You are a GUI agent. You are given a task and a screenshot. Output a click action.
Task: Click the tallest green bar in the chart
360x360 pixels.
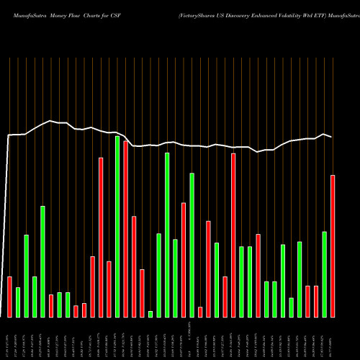(x=117, y=226)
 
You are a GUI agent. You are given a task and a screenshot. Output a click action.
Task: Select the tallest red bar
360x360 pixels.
(x=126, y=229)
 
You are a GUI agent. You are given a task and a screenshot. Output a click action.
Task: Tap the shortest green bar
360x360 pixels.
(x=150, y=313)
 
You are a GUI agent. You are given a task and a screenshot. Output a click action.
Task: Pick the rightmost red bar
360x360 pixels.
(x=333, y=246)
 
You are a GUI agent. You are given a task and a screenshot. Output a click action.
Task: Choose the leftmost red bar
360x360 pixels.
(x=9, y=297)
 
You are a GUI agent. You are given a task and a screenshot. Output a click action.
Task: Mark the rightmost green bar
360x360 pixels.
(x=325, y=274)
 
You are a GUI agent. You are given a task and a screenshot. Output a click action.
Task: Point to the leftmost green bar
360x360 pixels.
(x=18, y=302)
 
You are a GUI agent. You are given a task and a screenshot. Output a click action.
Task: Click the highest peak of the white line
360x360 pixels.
(x=50, y=121)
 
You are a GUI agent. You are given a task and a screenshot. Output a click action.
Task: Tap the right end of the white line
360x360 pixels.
(x=332, y=137)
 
